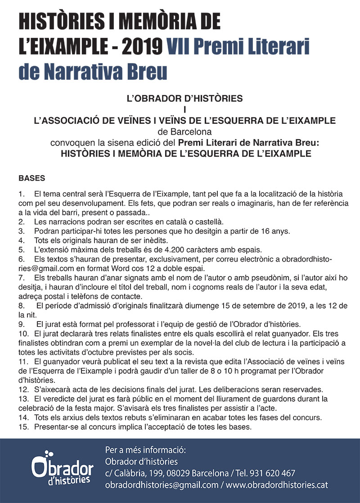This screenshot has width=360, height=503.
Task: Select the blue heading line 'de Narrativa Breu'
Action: [93, 72]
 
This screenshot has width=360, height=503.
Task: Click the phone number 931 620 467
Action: [274, 473]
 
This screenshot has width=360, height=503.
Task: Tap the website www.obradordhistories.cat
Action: [277, 485]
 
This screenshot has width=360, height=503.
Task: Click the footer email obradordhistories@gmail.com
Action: [162, 485]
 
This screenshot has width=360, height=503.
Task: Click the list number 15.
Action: [23, 427]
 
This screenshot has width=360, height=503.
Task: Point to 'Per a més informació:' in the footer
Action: [145, 450]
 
